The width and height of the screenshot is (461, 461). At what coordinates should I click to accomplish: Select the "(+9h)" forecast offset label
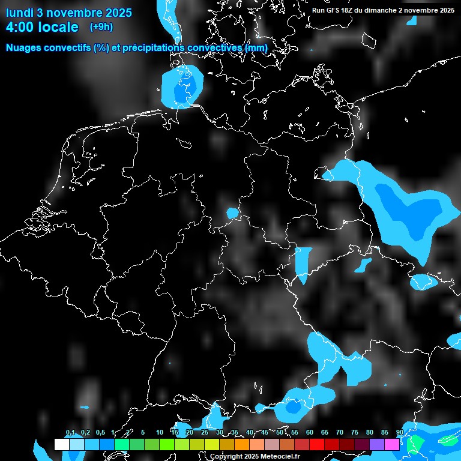tap(101, 26)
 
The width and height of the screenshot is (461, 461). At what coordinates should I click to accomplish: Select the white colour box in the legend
tap(61, 444)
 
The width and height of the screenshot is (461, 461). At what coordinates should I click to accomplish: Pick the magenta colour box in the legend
tap(391, 444)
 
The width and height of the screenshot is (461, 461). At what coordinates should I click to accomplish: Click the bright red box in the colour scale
tap(316, 444)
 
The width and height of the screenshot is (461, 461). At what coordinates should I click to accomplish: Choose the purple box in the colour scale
tap(376, 444)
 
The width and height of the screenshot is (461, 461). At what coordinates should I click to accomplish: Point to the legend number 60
tap(309, 433)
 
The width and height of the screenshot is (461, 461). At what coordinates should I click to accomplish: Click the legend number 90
tap(399, 433)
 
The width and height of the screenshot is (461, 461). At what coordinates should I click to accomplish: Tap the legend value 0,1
tap(70, 433)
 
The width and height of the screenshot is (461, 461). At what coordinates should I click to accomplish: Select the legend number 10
tap(159, 433)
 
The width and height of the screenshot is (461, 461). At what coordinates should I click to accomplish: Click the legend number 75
tap(354, 433)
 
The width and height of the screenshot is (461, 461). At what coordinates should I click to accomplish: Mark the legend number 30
tap(219, 433)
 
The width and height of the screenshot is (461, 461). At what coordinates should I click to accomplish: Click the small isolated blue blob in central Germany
tap(232, 212)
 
